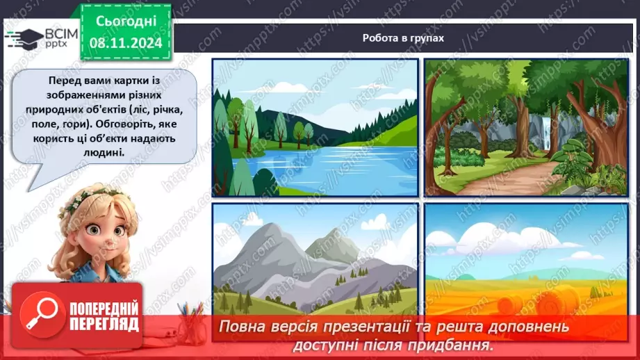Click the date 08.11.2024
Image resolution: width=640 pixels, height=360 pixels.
pos(125,42)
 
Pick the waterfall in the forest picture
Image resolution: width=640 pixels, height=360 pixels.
pos(552,136)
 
